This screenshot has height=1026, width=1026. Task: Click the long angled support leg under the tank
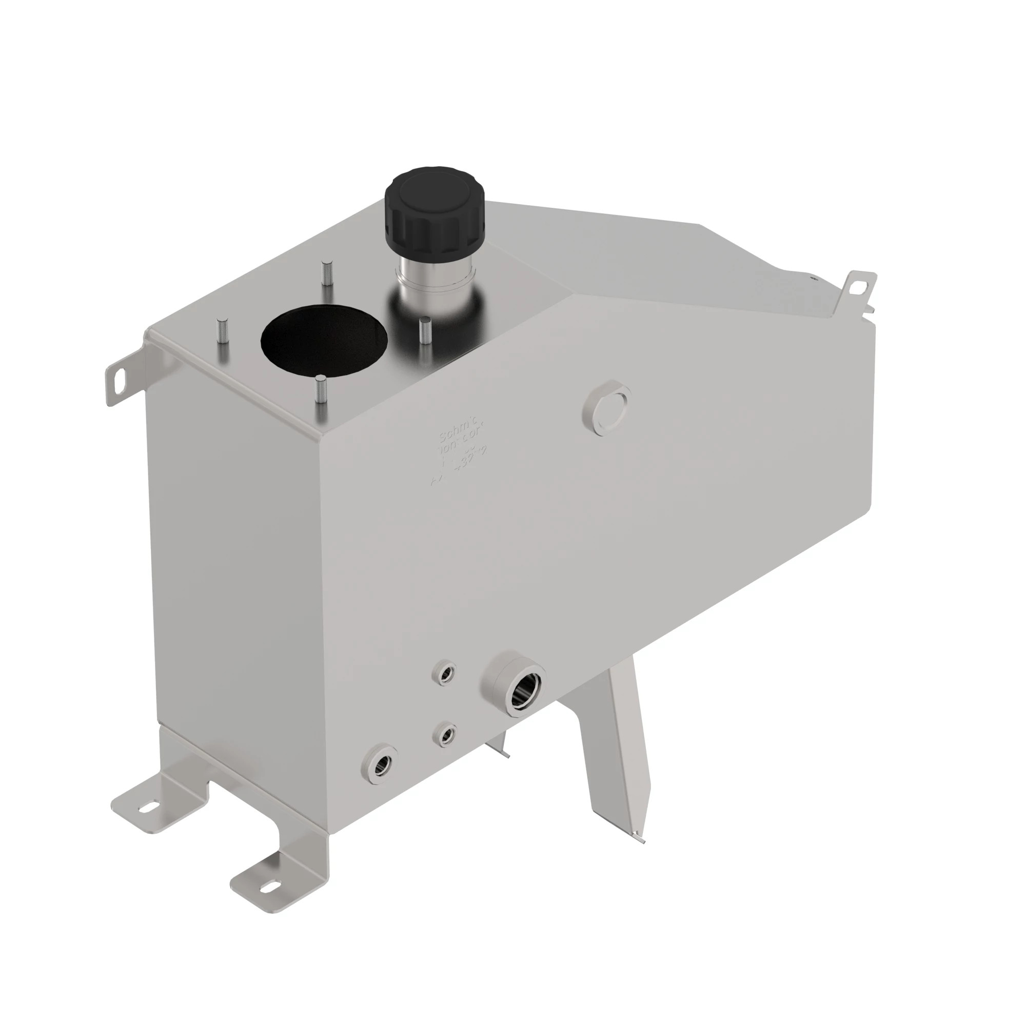tap(619, 754)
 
